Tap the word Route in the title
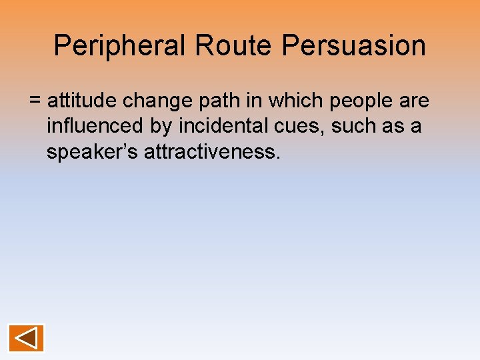[x=233, y=46]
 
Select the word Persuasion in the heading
[x=354, y=46]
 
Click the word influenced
[x=92, y=126]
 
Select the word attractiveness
[x=209, y=151]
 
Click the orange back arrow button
[x=27, y=338]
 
